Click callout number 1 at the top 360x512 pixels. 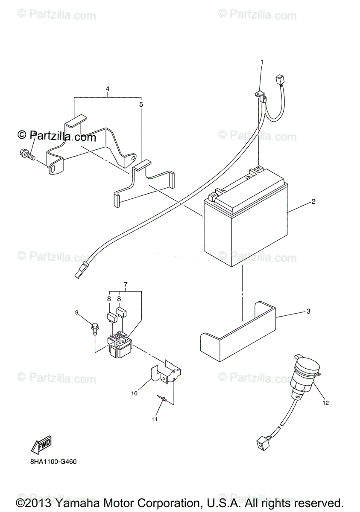tap(262, 62)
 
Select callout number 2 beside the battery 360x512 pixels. tap(313, 202)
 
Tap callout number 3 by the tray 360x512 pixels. tap(308, 311)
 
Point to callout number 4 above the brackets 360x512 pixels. tap(108, 89)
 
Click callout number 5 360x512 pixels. tap(141, 104)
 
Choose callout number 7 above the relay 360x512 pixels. tap(126, 284)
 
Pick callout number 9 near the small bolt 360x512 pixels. tap(77, 312)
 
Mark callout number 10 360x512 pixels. tap(135, 393)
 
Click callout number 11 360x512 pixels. tap(154, 419)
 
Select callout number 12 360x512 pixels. tap(326, 402)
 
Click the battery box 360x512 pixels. tap(246, 222)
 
